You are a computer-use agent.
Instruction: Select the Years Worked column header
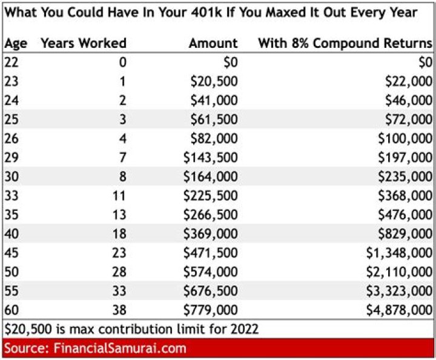[x=83, y=43]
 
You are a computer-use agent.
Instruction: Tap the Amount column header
[x=213, y=43]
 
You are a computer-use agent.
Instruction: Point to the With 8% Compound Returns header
[x=345, y=43]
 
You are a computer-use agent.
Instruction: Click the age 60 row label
[x=12, y=310]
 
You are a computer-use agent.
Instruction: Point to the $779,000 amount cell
[x=211, y=310]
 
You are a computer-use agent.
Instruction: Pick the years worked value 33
[x=119, y=291]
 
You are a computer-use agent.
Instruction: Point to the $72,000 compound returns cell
[x=407, y=119]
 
